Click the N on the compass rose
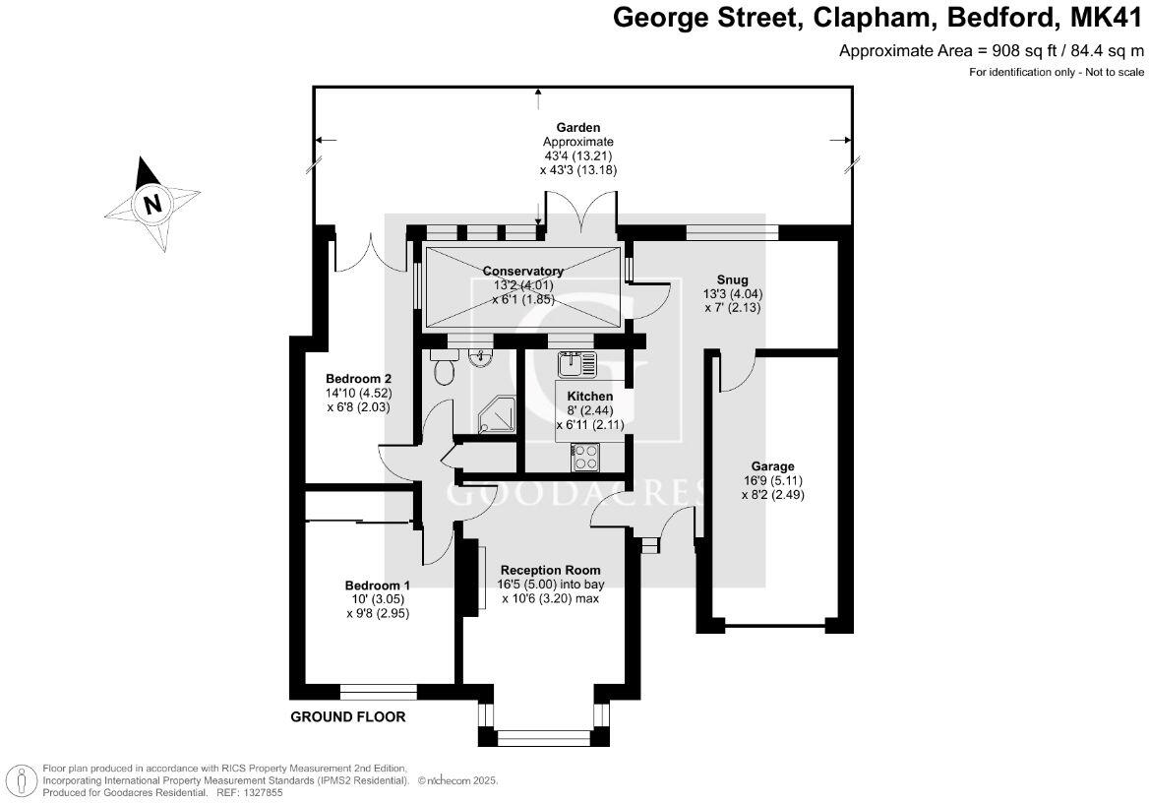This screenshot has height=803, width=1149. [x=151, y=205]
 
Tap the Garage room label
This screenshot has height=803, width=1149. [x=773, y=466]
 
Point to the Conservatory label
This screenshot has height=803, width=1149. [x=522, y=272]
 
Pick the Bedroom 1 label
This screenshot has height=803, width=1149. [x=377, y=585]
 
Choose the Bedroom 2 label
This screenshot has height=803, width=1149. [x=359, y=379]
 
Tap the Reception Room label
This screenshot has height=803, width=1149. [x=550, y=570]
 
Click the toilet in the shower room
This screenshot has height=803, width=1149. [x=444, y=370]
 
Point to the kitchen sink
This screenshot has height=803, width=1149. [x=576, y=365]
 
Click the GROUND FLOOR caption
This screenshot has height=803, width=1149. [x=347, y=716]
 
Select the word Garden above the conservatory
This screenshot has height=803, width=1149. [x=578, y=127]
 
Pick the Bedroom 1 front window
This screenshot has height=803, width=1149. [x=379, y=691]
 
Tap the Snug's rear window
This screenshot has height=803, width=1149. [x=732, y=232]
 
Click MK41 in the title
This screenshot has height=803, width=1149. [x=1106, y=18]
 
